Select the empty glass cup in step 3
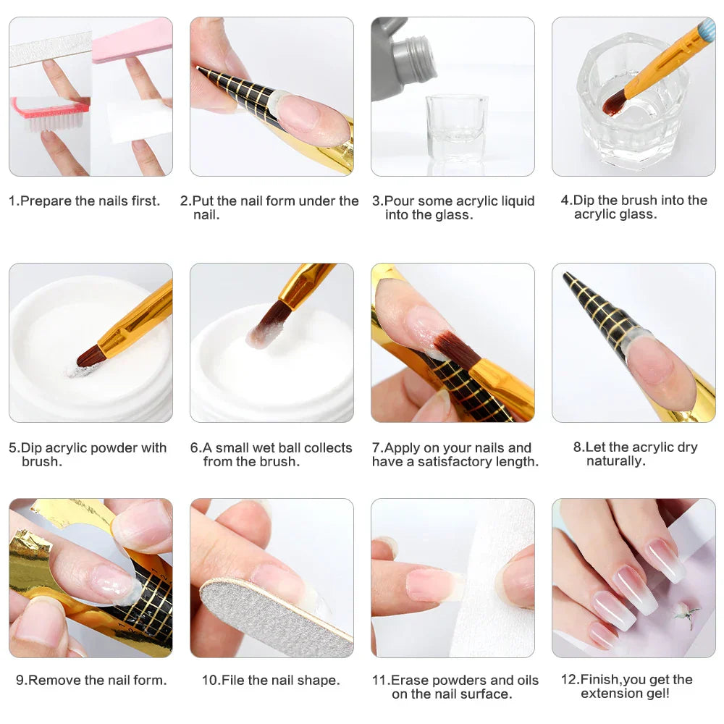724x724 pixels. coord(456,127)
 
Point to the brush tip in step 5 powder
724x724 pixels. coord(91,356)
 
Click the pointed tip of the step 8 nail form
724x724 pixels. coord(567,277)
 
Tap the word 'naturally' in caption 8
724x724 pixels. coord(615,461)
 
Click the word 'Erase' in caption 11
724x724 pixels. coord(408,681)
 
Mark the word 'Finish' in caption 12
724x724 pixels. coord(600,680)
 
